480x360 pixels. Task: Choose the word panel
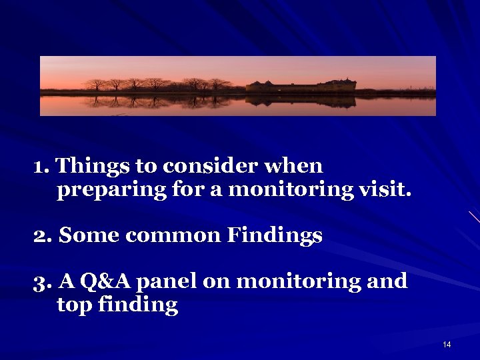pos(166,281)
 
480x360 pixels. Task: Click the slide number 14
pos(447,345)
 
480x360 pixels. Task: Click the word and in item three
pos(387,281)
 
